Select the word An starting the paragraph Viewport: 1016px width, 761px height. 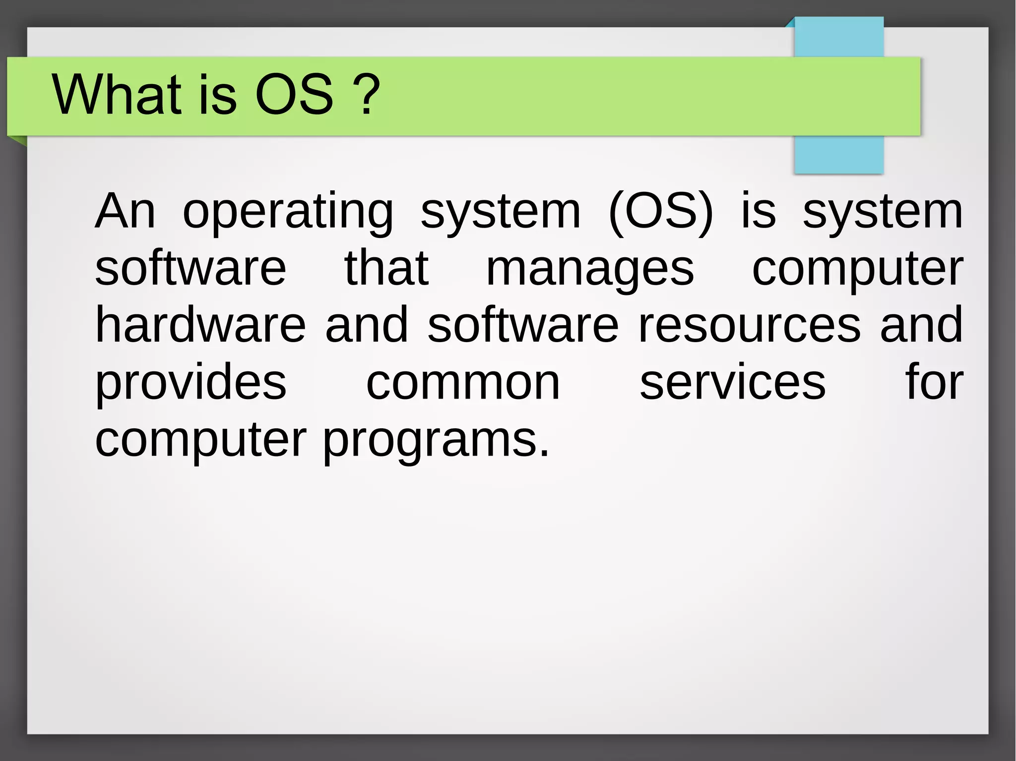tap(125, 212)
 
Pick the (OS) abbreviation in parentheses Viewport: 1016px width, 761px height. tap(660, 212)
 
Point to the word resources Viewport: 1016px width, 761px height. tap(750, 326)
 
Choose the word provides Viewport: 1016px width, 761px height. tap(190, 383)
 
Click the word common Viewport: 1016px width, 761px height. tap(463, 383)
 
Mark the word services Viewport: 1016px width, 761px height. tap(732, 383)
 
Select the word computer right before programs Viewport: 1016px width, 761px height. tap(200, 440)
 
